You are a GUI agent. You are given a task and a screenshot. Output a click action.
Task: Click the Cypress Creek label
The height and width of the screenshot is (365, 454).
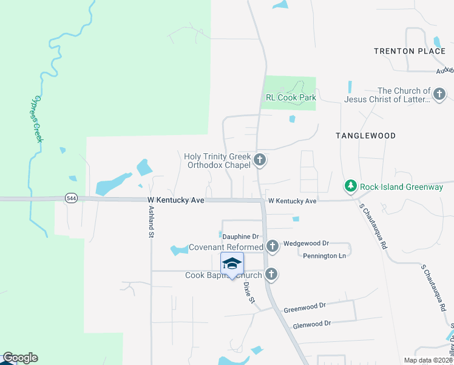pos(38,119)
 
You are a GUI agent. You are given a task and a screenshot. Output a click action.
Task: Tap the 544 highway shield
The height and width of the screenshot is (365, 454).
pos(71,198)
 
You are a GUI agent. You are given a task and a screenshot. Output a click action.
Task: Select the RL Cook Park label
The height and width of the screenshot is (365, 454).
pos(291,97)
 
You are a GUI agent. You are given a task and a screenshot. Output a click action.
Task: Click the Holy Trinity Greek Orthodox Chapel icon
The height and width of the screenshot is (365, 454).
pos(260,161)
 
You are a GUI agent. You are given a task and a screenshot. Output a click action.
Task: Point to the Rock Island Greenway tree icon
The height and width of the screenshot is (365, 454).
pos(350,186)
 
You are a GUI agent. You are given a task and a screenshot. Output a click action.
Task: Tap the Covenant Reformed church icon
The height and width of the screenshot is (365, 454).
pos(273,246)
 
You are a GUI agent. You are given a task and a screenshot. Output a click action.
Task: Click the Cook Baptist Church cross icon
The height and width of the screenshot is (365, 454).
pos(271,275)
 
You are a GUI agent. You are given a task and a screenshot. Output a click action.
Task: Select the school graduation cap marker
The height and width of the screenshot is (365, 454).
pos(232,263)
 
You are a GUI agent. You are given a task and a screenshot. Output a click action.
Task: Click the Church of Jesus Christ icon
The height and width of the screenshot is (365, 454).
pos(439,94)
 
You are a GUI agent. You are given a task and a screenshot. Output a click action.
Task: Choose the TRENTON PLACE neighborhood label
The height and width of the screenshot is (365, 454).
pos(409,51)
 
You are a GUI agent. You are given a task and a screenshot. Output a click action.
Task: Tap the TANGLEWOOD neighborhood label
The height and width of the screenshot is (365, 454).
pos(365,136)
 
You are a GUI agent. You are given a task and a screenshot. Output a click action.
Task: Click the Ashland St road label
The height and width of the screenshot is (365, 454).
pos(151,218)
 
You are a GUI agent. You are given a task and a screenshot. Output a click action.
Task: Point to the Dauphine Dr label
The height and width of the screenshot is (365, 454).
pos(240,236)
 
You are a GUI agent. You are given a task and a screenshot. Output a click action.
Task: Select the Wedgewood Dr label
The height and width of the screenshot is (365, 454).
pos(305,242)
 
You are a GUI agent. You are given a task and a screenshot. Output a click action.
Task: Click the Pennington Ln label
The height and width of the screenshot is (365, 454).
pos(324,256)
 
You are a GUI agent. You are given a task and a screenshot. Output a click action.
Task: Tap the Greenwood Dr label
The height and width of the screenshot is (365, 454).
pos(305,306)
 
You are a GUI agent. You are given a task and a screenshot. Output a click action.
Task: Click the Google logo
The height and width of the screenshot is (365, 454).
pos(19,358)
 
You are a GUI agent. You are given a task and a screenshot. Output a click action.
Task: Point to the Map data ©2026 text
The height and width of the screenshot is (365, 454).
pos(427,360)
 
